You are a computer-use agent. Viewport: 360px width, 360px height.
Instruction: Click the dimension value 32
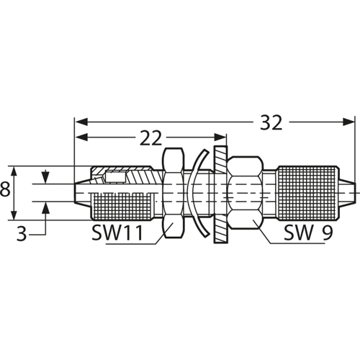(x=270, y=123)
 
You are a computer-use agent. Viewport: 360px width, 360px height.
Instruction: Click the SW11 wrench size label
(x=118, y=233)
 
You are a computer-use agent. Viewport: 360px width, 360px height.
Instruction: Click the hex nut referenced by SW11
(x=173, y=193)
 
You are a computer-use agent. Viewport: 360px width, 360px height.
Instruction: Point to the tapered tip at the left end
(x=81, y=189)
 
